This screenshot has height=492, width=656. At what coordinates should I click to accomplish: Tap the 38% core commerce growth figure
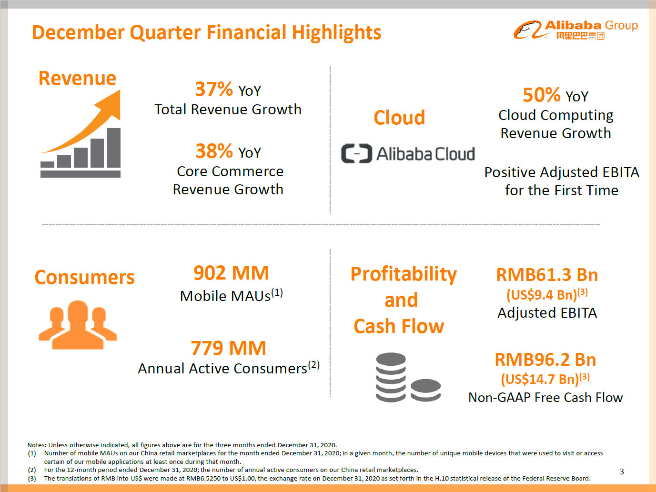[214, 151]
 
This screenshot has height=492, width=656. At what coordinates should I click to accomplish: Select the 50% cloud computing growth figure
[542, 95]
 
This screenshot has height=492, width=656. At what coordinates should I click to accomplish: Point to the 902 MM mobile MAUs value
[231, 273]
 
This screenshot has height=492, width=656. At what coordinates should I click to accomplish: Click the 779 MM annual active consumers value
[228, 348]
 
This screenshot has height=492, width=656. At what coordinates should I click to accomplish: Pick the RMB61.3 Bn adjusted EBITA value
[547, 275]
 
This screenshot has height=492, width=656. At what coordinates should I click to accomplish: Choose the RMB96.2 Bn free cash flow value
[545, 360]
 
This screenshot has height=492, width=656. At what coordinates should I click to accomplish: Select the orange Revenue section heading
[77, 78]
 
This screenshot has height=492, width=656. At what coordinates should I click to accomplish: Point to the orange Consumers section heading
[85, 277]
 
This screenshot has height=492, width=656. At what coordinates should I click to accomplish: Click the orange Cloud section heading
[399, 117]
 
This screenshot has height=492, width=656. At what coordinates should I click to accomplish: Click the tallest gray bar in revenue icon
[113, 148]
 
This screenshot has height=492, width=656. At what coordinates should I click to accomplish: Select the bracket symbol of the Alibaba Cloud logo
[356, 153]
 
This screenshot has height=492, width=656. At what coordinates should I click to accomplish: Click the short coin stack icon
[425, 390]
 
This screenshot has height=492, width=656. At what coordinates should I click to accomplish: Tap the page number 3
[622, 472]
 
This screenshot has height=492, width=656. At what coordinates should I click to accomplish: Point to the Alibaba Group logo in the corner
[575, 30]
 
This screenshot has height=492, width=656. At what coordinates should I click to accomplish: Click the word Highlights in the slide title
[336, 32]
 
